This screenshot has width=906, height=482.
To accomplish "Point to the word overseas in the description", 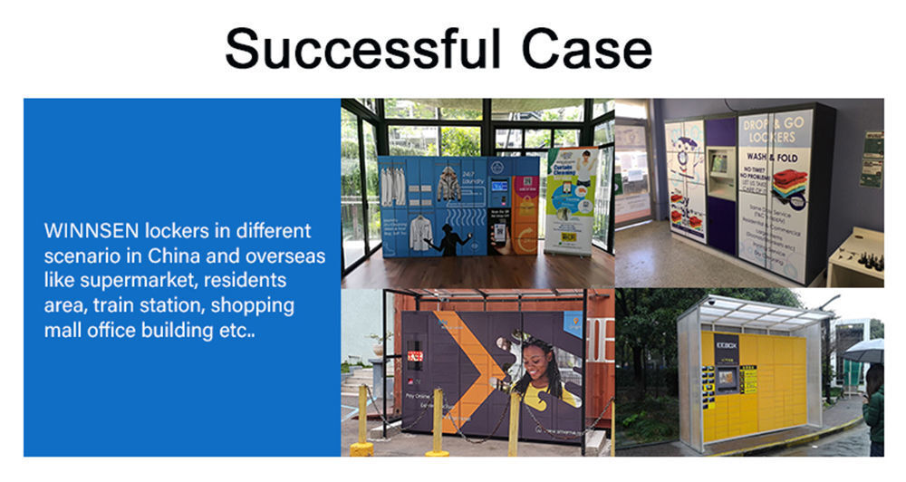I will coord(284,255).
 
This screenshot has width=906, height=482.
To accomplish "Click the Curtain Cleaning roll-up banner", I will coord(571,199).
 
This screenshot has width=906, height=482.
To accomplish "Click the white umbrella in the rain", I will coord(865,351).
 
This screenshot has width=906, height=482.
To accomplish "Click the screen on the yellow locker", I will coord(726,376).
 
